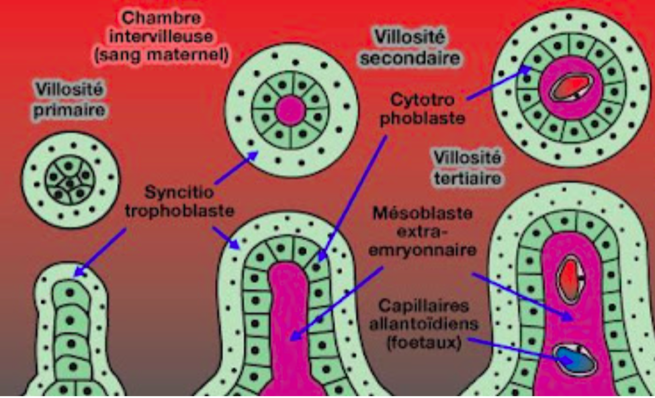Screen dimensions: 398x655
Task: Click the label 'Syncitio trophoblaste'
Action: tap(181, 200)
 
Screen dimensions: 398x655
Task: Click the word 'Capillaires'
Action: tap(421, 307)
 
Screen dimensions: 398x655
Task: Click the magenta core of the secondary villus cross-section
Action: tap(290, 110)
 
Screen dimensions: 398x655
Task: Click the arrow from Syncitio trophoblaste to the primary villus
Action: tap(101, 251)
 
